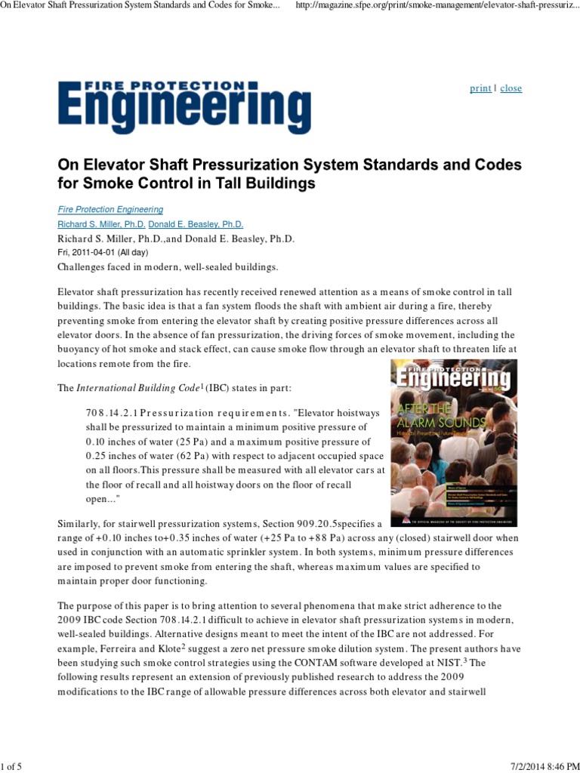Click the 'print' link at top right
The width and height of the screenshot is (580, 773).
click(480, 88)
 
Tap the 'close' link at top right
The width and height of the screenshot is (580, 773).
click(511, 88)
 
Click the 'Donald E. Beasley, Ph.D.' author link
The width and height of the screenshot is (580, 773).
click(196, 224)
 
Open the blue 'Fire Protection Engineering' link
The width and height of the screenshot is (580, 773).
click(110, 210)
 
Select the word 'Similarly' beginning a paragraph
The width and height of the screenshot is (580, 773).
click(81, 523)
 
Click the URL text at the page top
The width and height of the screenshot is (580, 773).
click(437, 7)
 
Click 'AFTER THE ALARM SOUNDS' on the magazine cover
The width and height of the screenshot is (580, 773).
click(427, 419)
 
